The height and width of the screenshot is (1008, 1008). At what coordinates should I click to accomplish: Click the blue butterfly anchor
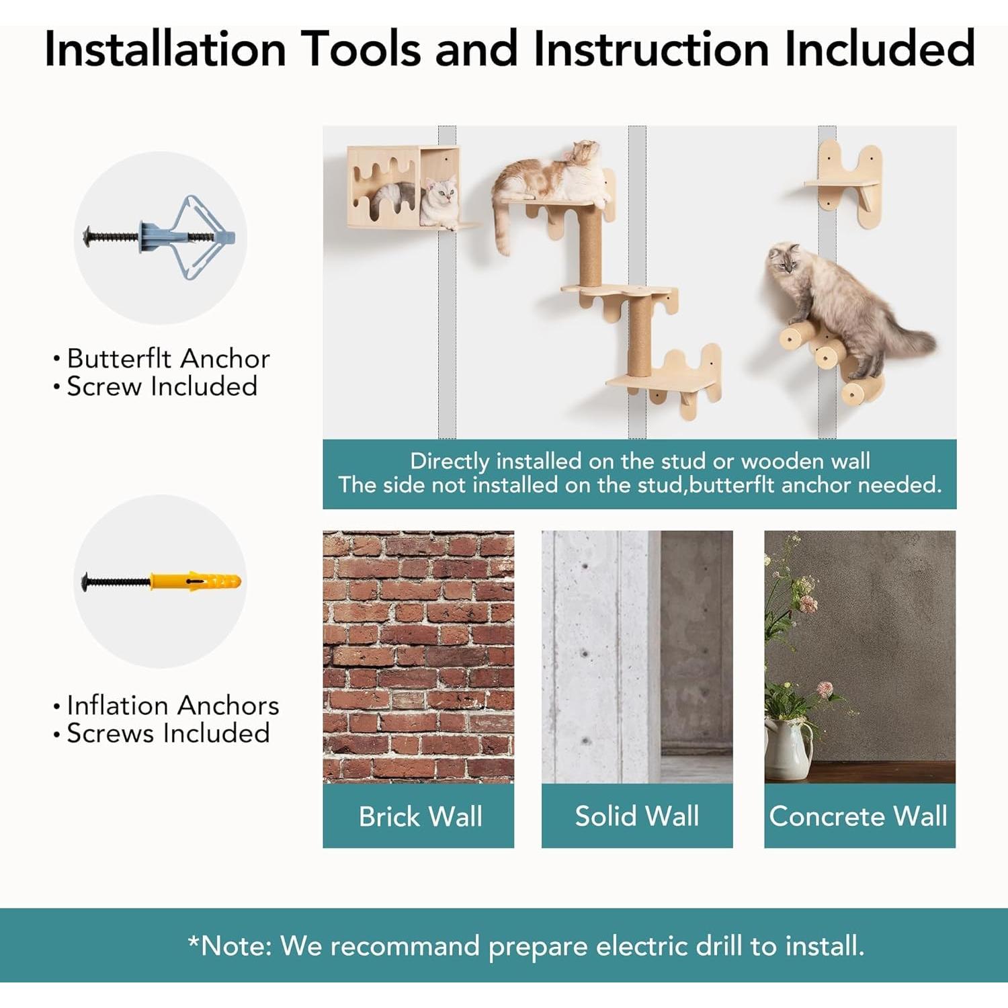160,237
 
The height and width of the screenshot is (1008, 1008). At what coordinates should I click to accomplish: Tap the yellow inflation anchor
161,581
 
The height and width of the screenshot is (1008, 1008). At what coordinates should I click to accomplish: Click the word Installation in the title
165,49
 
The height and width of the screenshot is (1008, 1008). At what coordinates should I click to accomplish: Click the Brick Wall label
420,816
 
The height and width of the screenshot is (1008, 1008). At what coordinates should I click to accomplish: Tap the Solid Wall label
637,816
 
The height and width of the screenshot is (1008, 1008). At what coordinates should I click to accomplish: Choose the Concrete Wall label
858,816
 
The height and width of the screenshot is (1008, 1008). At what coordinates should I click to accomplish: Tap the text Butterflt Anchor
168,358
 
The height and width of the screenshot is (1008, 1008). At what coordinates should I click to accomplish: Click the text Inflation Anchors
173,705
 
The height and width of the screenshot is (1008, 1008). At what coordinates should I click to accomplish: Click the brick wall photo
418,657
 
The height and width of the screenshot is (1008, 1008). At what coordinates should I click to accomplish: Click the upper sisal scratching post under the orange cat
590,245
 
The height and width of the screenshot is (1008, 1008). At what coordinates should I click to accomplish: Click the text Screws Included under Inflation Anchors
168,732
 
